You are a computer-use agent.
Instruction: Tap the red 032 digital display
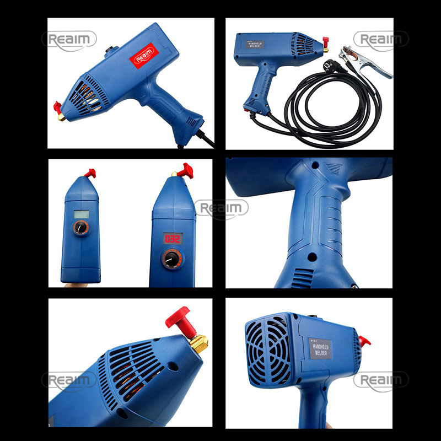tap(173, 239)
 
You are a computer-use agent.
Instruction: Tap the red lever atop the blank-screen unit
tap(89, 173)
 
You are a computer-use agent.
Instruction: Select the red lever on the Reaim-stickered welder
tap(57, 106)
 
